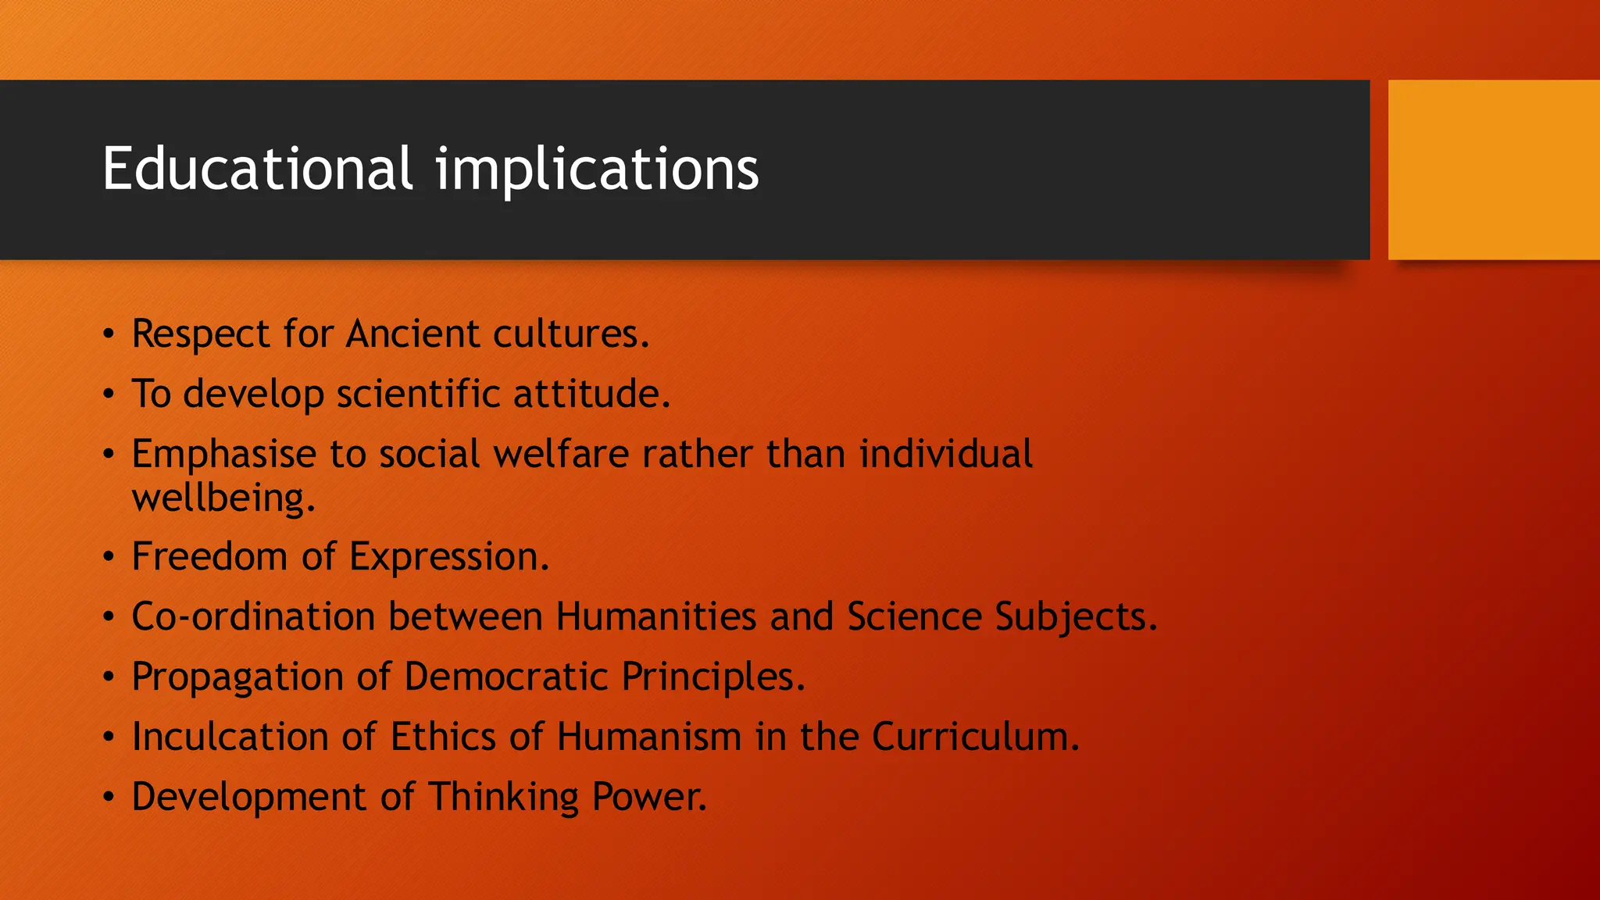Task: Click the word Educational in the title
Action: point(257,169)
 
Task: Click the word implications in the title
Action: point(596,170)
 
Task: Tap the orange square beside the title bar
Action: point(1493,170)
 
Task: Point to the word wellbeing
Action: point(223,498)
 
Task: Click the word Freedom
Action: point(209,557)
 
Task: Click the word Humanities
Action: point(655,616)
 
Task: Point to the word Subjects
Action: point(1075,618)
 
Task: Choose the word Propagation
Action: point(237,677)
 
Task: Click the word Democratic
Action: point(505,677)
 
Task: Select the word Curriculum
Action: point(975,737)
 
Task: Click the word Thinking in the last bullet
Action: point(503,798)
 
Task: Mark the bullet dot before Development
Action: point(109,798)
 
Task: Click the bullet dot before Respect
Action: point(109,334)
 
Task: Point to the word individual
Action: point(945,454)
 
